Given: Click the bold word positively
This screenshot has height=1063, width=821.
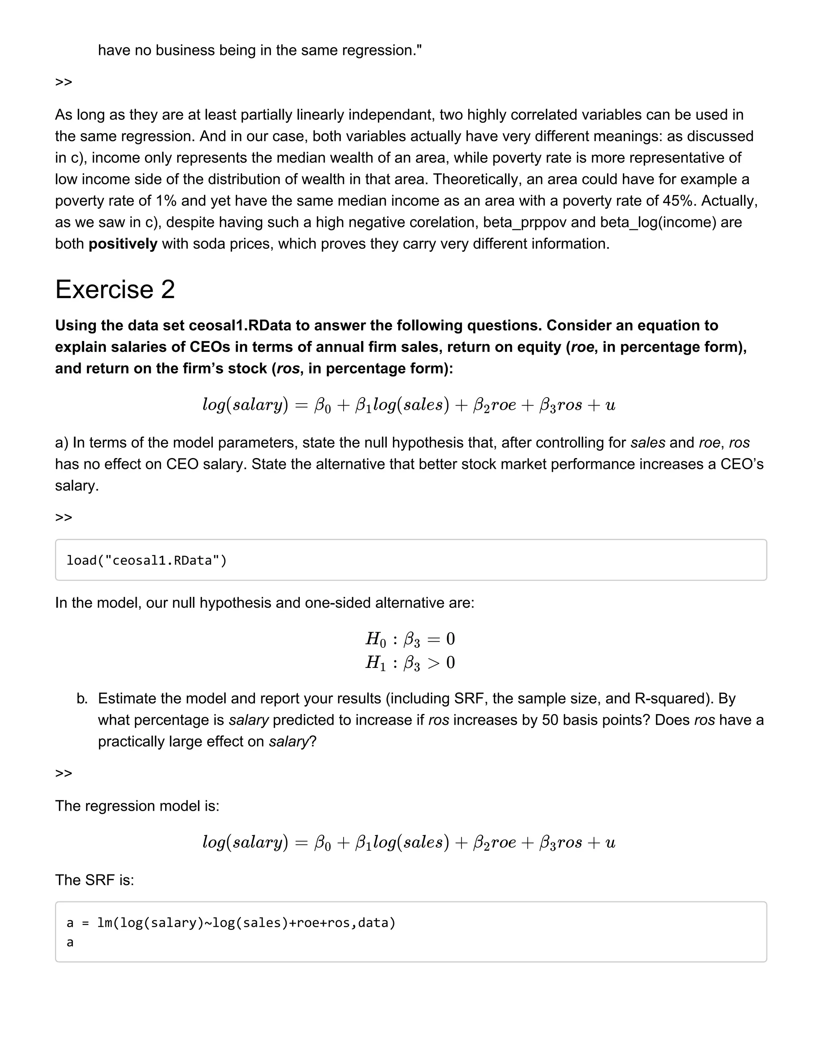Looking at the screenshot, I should (x=123, y=243).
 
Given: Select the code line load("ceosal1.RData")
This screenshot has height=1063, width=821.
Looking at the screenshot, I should (x=146, y=560).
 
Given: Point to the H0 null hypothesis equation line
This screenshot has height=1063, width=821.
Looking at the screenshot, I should (x=410, y=639).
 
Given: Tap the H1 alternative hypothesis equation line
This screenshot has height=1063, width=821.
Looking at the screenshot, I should (x=410, y=662).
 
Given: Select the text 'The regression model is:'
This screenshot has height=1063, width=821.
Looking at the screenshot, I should (x=137, y=805).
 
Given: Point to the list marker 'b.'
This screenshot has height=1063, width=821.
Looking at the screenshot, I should (x=82, y=698).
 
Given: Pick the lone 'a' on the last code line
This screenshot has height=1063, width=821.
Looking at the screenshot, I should (x=70, y=942).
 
